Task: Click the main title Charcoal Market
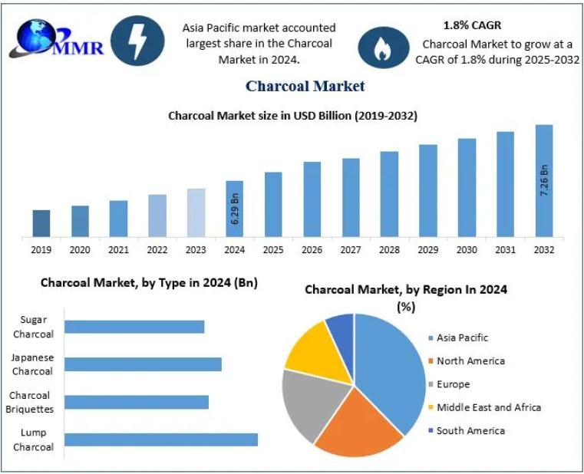pyautogui.click(x=305, y=86)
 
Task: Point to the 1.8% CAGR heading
pyautogui.click(x=472, y=25)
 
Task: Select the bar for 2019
pyautogui.click(x=41, y=223)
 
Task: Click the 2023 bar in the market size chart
pyautogui.click(x=196, y=212)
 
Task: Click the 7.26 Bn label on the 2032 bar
pyautogui.click(x=544, y=180)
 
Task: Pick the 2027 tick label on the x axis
pyautogui.click(x=351, y=249)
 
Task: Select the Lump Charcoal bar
pyautogui.click(x=161, y=439)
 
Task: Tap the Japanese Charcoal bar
pyautogui.click(x=143, y=364)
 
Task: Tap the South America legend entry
pyautogui.click(x=470, y=430)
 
